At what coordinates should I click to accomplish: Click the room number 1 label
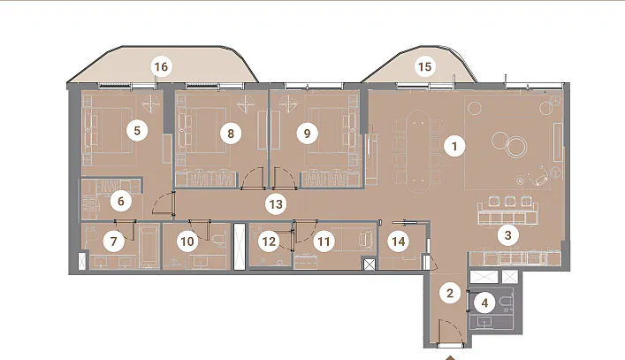point(454,146)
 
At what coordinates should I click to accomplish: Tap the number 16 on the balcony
point(161,66)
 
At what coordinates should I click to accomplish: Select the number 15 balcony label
point(425,66)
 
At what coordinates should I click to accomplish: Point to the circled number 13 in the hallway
point(276,204)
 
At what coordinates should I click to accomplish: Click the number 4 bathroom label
point(484,303)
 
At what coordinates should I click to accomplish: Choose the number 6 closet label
point(121,201)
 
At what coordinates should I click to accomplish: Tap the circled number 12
point(269,241)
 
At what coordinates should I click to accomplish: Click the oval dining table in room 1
point(418,151)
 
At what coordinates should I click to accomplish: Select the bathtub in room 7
point(149,247)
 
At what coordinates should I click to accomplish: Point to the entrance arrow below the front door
point(450,357)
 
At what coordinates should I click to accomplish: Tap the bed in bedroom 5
point(108,129)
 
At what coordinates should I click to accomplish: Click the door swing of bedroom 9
point(284,178)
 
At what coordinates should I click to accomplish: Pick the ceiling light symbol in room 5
point(150,104)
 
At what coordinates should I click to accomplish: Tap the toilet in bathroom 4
point(507,303)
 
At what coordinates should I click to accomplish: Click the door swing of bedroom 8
point(253,178)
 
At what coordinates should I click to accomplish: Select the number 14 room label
point(399,241)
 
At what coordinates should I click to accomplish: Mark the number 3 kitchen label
point(507,234)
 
